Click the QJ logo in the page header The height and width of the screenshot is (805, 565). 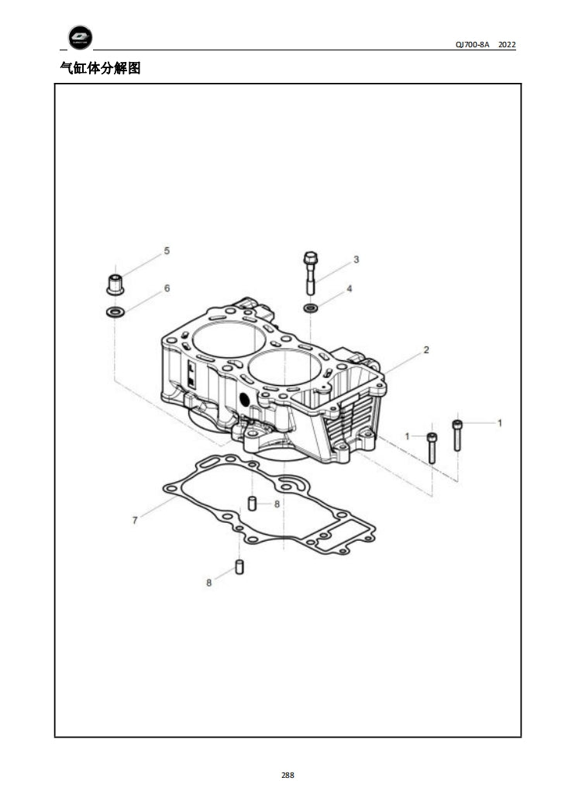point(80,37)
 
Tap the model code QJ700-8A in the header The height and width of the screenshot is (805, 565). point(472,45)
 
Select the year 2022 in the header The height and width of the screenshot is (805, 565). point(507,45)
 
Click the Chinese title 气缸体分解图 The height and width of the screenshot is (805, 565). point(100,68)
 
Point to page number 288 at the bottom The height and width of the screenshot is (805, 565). point(288,775)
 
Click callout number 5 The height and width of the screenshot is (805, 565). point(166,251)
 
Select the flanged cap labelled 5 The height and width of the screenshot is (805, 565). point(115,284)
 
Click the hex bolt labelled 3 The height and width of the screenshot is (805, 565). point(310,271)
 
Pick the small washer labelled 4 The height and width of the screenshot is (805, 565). point(310,308)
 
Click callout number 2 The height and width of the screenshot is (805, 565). point(425,350)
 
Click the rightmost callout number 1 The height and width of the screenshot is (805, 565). point(499,423)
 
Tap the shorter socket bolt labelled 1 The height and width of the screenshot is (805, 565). point(432,448)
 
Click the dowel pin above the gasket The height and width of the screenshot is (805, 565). point(252,502)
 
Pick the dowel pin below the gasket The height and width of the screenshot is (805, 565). point(240,567)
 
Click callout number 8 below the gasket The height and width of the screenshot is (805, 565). point(208,583)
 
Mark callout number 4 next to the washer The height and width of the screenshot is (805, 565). point(349,288)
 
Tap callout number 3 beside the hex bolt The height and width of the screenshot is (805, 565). point(356,259)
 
